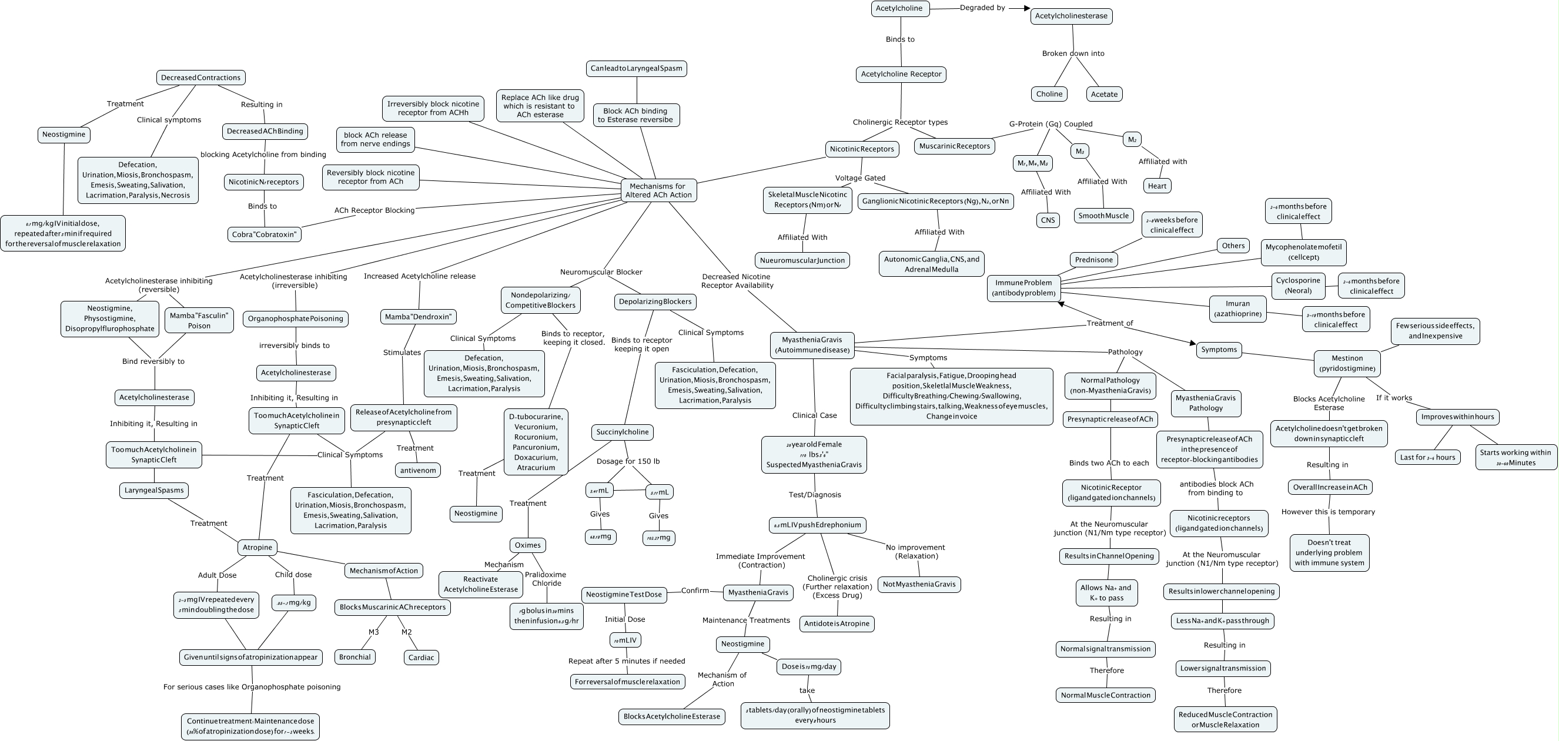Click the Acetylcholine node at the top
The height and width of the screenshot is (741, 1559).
(899, 8)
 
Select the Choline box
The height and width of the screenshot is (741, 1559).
(1049, 94)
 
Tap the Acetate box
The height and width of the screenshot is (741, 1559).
(1104, 94)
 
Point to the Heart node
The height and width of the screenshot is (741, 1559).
(1156, 186)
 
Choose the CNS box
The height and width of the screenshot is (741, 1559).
(1048, 220)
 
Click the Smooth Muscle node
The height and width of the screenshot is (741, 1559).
(1104, 215)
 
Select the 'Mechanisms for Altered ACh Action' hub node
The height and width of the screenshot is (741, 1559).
(658, 190)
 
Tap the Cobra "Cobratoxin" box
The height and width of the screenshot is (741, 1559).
(265, 234)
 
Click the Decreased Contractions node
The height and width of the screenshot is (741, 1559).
(200, 78)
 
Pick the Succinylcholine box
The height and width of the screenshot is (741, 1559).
(622, 432)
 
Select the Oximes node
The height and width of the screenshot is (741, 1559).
(527, 545)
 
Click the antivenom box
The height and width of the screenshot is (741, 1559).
(418, 470)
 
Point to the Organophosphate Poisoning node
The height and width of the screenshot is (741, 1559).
(295, 318)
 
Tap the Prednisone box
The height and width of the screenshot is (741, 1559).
(1093, 260)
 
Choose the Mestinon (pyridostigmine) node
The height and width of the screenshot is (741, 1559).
(1347, 363)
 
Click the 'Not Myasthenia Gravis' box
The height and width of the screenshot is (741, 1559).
(919, 584)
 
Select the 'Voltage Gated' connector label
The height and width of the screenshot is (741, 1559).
(860, 178)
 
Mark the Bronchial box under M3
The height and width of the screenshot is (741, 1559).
(354, 657)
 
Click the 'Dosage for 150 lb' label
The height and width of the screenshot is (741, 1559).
(628, 461)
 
